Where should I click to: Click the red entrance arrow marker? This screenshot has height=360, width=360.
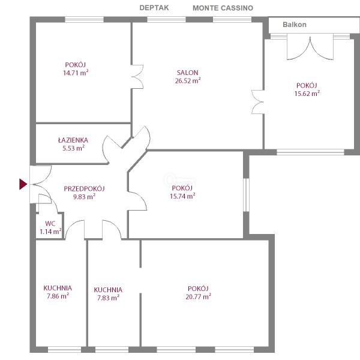[23, 184]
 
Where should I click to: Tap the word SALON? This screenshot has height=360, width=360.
[187, 73]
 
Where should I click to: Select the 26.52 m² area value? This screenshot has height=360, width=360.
[188, 80]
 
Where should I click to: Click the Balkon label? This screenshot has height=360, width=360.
[295, 25]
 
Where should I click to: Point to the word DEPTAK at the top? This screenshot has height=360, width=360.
[154, 8]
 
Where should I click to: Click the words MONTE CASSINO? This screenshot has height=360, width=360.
[223, 8]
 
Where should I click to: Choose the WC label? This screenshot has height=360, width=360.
[50, 223]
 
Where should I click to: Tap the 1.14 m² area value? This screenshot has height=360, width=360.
[50, 231]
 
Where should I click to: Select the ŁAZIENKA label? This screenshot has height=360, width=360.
[73, 140]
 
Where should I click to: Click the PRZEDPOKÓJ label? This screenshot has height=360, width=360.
[84, 189]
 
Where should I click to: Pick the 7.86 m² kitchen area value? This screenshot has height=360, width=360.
[58, 296]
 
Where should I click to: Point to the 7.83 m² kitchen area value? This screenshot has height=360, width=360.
[108, 298]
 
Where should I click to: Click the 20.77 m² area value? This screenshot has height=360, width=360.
[198, 296]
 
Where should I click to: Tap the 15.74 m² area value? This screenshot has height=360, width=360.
[182, 196]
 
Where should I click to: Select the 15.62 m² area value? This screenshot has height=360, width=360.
[307, 94]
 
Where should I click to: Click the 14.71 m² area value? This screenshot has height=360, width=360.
[76, 73]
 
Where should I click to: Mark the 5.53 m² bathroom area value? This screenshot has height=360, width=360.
[73, 148]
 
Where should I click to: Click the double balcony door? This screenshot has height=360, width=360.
[310, 47]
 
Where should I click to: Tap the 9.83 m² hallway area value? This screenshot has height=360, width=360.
[84, 197]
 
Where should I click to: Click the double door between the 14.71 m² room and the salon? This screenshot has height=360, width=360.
[137, 77]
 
